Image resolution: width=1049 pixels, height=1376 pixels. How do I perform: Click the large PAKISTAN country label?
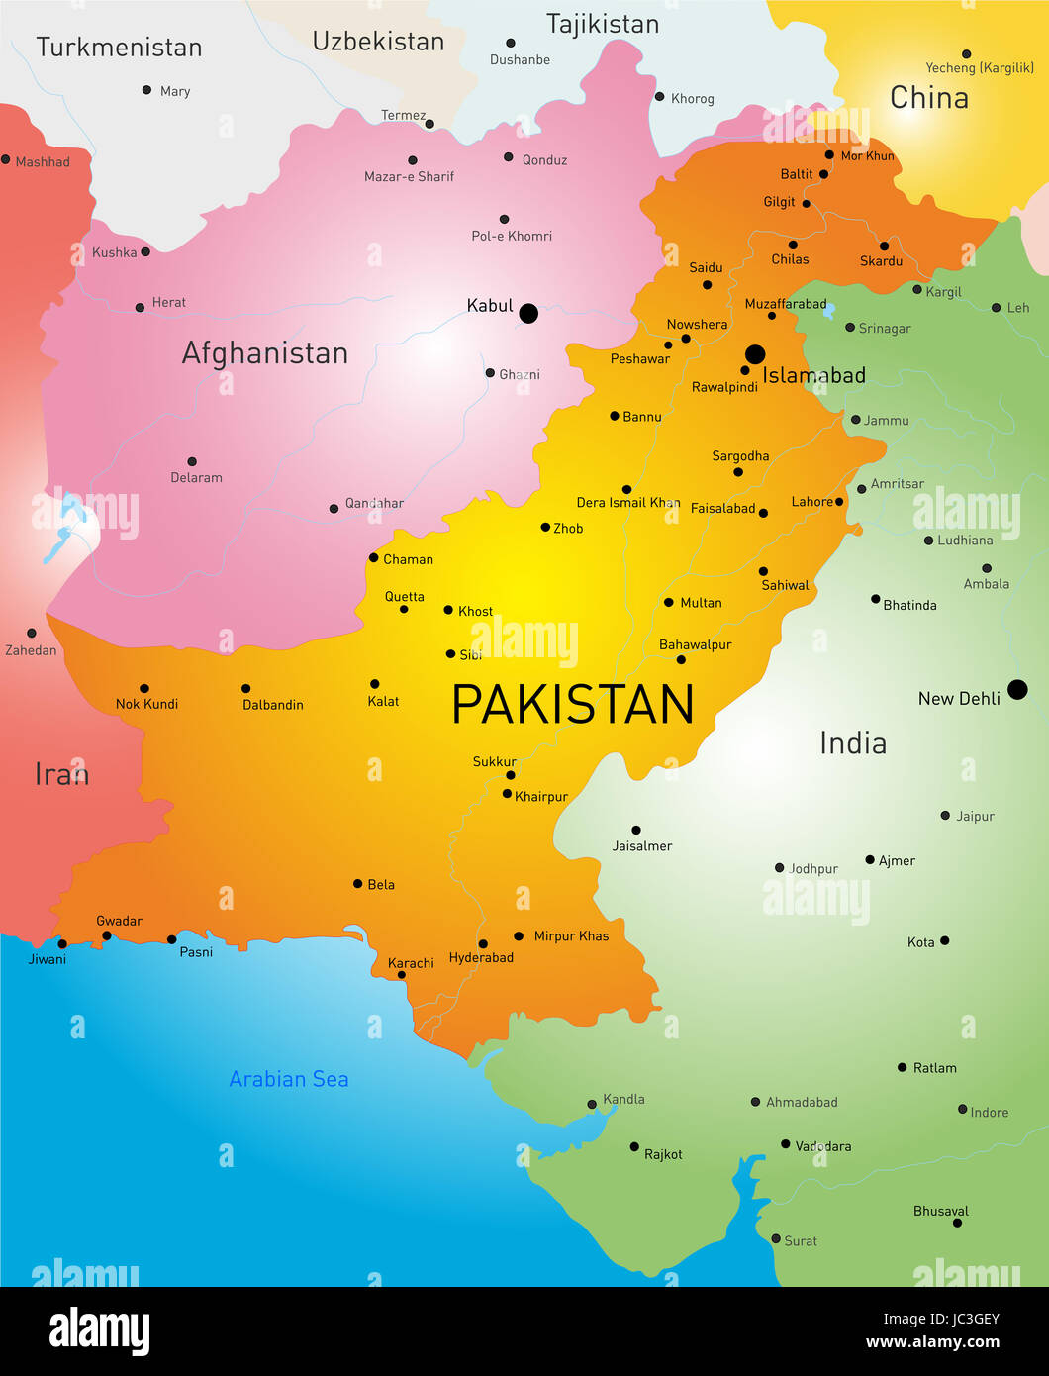point(572,705)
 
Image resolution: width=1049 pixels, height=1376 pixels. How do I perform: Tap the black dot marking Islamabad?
point(755,354)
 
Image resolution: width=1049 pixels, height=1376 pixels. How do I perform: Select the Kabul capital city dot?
point(528,314)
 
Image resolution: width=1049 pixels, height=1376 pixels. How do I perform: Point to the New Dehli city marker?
point(1017,690)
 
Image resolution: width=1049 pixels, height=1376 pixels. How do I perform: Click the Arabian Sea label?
point(289,1079)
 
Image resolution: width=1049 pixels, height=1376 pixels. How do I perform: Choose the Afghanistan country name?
point(265,353)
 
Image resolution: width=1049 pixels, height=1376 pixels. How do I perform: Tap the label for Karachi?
point(411,963)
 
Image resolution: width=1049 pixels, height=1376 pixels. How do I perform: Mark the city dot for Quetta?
point(404,609)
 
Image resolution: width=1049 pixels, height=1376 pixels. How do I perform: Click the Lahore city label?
point(811,502)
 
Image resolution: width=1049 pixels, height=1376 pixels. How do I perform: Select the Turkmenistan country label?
point(119,48)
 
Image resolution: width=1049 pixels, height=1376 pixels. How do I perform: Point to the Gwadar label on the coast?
point(119,921)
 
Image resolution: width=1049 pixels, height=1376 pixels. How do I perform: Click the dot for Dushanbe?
point(511,44)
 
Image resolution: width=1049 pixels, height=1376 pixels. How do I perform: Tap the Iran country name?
point(61,774)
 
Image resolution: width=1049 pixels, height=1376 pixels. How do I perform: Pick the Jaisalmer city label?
point(641,846)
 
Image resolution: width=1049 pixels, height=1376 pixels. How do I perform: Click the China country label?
point(928,98)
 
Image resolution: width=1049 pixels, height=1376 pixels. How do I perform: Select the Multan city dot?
point(669,602)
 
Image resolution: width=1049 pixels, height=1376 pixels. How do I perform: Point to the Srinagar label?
point(884,329)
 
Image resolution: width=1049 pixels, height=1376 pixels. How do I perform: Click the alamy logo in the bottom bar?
point(99,1331)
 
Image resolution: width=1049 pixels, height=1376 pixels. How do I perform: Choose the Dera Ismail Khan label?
point(628,503)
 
